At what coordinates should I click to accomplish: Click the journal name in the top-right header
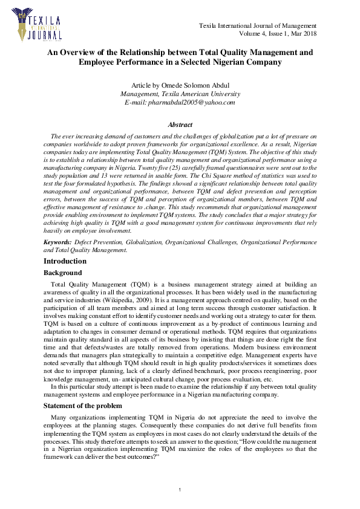[258, 26]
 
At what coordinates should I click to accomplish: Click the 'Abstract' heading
[180, 125]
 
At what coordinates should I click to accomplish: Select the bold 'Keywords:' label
[57, 242]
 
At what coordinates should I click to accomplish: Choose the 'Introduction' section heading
[65, 261]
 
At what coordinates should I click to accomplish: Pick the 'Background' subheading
[62, 273]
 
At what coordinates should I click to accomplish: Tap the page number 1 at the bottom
[180, 489]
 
